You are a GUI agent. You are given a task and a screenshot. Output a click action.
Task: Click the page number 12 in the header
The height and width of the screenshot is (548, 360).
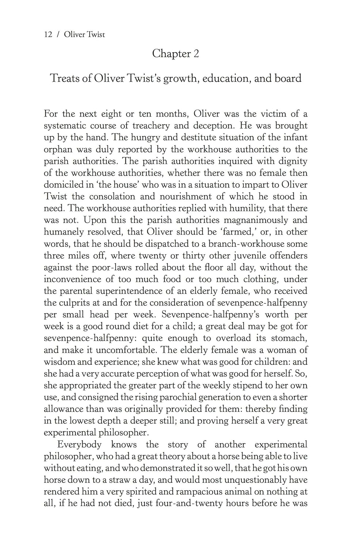pyautogui.click(x=48, y=35)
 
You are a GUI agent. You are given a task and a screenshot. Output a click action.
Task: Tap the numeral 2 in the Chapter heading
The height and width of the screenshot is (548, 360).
pyautogui.click(x=196, y=54)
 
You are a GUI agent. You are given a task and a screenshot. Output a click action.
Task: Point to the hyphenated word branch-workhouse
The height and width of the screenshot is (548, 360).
pyautogui.click(x=233, y=244)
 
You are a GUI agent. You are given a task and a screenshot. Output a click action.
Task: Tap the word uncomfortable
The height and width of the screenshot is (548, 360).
pyautogui.click(x=126, y=350)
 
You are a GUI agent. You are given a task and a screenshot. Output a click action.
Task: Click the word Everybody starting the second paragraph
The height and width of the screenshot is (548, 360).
pyautogui.click(x=79, y=445)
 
